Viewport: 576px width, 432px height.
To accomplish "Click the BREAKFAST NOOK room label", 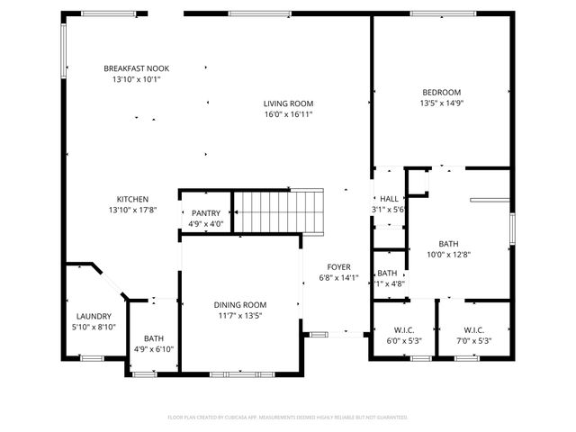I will pyautogui.click(x=136, y=68).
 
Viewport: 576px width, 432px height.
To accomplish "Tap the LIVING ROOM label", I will pyautogui.click(x=288, y=103).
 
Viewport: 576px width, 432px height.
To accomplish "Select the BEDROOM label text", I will pyautogui.click(x=441, y=92).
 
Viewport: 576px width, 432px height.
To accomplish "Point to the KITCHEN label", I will pyautogui.click(x=132, y=199).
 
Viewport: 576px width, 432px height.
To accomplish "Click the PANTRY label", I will pyautogui.click(x=205, y=213).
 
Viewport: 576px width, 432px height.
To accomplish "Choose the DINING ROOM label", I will pyautogui.click(x=239, y=305).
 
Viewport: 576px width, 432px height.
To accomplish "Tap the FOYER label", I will pyautogui.click(x=338, y=266).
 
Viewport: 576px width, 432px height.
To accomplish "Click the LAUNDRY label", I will pyautogui.click(x=94, y=316).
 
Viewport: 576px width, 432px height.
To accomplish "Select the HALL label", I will pyautogui.click(x=389, y=199).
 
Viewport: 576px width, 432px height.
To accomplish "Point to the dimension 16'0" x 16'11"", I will pyautogui.click(x=288, y=114).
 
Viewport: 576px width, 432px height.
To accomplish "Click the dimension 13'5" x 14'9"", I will pyautogui.click(x=441, y=103).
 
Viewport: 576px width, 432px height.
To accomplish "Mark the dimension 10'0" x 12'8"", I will pyautogui.click(x=448, y=255).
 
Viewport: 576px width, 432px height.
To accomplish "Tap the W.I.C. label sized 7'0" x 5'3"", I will pyautogui.click(x=474, y=329).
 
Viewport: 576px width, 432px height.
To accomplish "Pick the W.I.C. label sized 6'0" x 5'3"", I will pyautogui.click(x=403, y=329).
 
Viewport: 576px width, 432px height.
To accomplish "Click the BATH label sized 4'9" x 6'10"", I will pyautogui.click(x=154, y=338).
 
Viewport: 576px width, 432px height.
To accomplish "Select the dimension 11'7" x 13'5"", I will pyautogui.click(x=239, y=316).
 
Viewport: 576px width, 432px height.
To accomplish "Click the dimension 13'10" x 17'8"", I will pyautogui.click(x=132, y=210).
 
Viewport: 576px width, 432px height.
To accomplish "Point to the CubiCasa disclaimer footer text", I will pyautogui.click(x=288, y=418).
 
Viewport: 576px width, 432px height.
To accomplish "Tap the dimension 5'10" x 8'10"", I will pyautogui.click(x=94, y=327).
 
